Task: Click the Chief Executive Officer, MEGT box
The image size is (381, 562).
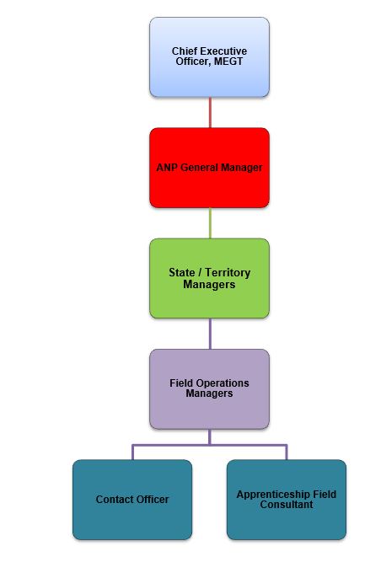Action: tap(209, 57)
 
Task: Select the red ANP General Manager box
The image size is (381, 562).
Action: tap(209, 168)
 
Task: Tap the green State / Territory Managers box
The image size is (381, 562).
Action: tap(209, 278)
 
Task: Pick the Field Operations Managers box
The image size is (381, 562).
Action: tap(209, 389)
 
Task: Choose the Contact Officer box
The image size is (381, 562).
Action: tap(132, 500)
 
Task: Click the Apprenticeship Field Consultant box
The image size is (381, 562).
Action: tap(287, 500)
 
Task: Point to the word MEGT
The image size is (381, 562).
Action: tap(228, 62)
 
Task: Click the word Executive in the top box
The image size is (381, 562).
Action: tap(225, 51)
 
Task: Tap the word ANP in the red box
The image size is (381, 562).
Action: tap(167, 168)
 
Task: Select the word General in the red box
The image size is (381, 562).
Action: tap(199, 168)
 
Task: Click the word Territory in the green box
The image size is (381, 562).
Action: tap(228, 272)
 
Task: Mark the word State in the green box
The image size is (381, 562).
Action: tap(182, 272)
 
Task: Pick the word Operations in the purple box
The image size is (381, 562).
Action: tap(223, 383)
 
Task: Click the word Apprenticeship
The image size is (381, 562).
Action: tap(274, 495)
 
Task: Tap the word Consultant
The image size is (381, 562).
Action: tap(287, 505)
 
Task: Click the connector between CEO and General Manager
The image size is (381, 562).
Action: tap(210, 113)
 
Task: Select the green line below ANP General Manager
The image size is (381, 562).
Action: tap(210, 223)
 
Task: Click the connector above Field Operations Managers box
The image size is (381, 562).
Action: tap(210, 334)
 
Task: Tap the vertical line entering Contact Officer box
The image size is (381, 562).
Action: tap(132, 452)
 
